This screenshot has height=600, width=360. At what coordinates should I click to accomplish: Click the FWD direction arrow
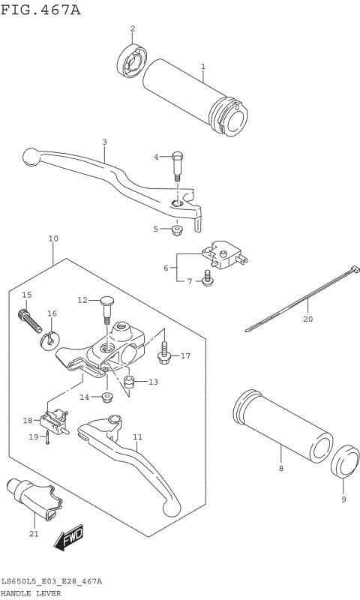pyautogui.click(x=68, y=538)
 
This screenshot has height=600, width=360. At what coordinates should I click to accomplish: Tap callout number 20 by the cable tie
pyautogui.click(x=307, y=318)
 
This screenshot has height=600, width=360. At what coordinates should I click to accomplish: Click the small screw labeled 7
pyautogui.click(x=208, y=280)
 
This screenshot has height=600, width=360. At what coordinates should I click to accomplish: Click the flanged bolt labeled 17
pyautogui.click(x=164, y=351)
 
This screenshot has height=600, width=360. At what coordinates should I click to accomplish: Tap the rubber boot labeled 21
pyautogui.click(x=35, y=499)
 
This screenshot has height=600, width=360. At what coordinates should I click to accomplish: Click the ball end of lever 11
pyautogui.click(x=172, y=508)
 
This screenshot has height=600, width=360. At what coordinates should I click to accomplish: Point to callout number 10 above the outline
pyautogui.click(x=53, y=239)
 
